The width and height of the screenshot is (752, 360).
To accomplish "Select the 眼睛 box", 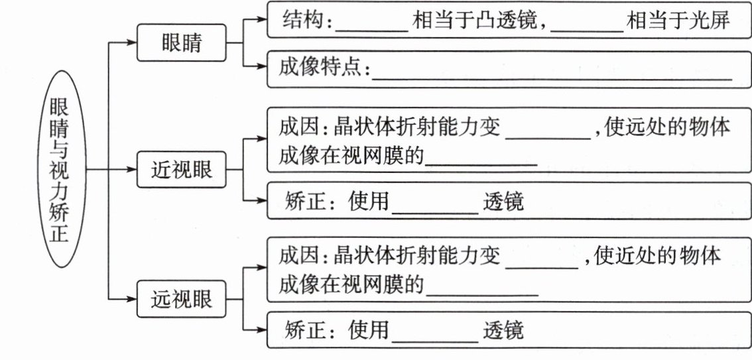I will [181, 44].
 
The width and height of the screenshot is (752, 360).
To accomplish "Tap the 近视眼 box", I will [181, 170].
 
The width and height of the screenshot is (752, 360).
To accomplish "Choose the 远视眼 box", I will [181, 300].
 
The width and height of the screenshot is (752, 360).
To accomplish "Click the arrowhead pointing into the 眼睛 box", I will [131, 44].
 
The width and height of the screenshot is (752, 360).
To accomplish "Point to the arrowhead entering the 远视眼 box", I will [131, 300].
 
